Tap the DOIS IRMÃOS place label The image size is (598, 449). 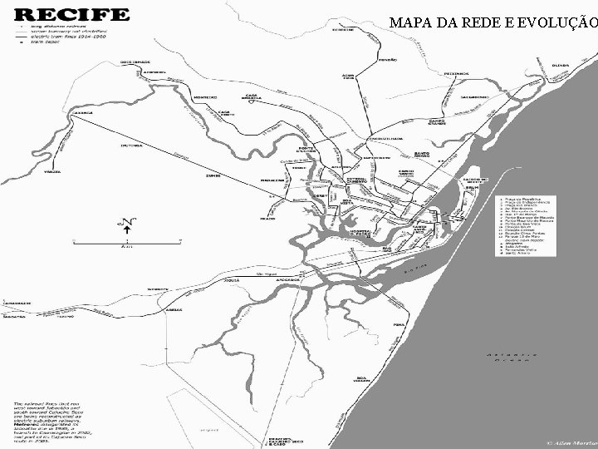pos(135,62)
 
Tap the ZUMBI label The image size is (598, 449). pos(213,176)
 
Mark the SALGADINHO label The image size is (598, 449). pos(499,96)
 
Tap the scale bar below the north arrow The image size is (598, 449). pos(125,244)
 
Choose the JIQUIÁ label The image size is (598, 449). pos(232,281)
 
